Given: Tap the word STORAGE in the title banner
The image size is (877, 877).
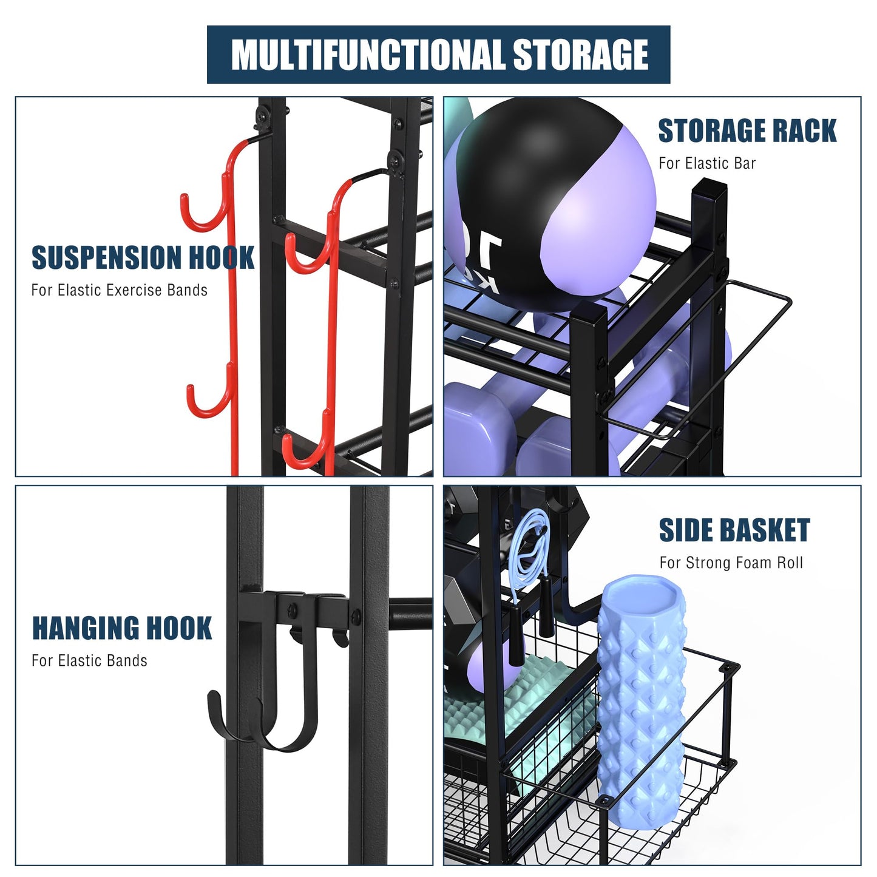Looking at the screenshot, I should (x=581, y=55).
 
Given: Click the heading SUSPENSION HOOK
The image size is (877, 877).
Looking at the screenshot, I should (x=143, y=257).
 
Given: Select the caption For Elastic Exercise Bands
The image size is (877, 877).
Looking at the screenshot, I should (x=119, y=290).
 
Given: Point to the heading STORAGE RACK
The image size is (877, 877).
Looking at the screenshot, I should (x=747, y=131).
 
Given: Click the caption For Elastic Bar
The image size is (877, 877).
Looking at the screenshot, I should (x=707, y=163).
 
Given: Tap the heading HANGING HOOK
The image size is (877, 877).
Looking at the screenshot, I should (x=121, y=628).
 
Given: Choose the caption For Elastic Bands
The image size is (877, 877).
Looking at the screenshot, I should (x=89, y=660).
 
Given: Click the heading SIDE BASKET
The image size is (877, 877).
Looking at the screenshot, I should (x=734, y=530).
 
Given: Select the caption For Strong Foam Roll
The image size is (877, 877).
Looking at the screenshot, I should (x=731, y=563).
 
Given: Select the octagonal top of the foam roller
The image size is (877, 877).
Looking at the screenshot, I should (x=642, y=598).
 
